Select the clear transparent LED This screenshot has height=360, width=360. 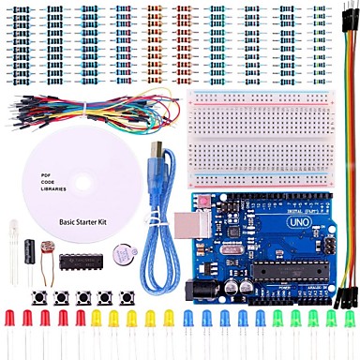click(14, 230)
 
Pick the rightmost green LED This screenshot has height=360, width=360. click(350, 321)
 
